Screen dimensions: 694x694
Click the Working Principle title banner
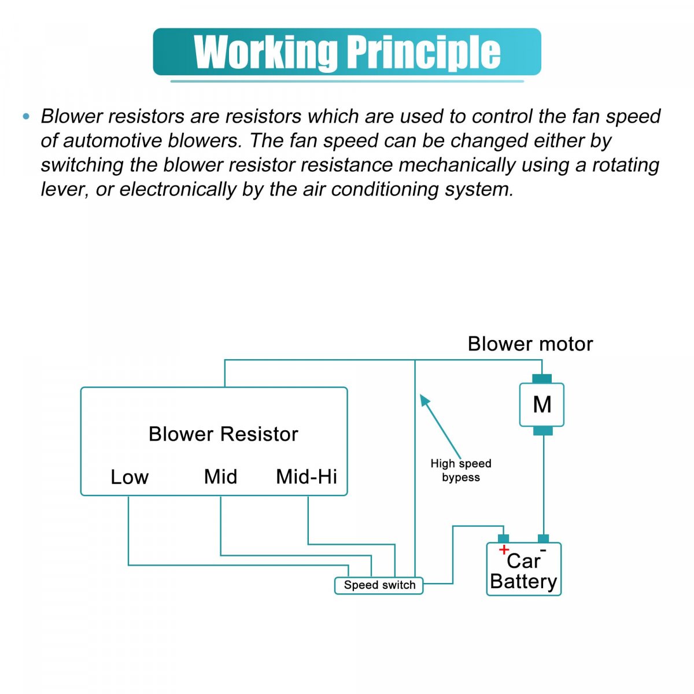[347, 52]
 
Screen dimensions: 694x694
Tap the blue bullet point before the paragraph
[25, 117]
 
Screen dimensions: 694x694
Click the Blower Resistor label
[223, 434]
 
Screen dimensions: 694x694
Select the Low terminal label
[130, 477]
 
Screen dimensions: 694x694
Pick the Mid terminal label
[220, 477]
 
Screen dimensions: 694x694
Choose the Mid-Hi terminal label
[307, 477]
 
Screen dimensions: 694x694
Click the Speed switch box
[379, 585]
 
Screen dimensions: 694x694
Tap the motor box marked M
[542, 404]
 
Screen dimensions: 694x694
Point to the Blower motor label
[530, 344]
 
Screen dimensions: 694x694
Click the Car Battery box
[523, 570]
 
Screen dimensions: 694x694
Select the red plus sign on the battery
[504, 549]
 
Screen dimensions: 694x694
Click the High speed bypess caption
[461, 470]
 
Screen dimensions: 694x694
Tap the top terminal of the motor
[542, 379]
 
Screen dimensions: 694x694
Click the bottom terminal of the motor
[542, 430]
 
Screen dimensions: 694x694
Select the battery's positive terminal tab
[503, 538]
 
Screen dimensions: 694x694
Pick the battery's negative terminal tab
[542, 538]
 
